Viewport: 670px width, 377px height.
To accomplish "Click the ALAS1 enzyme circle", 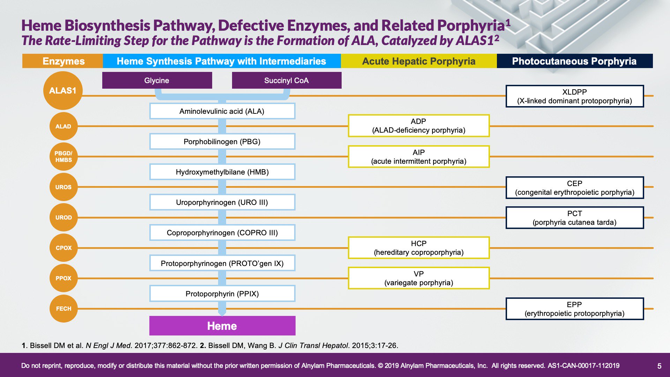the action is (63, 91).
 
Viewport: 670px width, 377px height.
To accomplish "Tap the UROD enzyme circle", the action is (64, 217).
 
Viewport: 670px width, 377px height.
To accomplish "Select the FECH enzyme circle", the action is (64, 309).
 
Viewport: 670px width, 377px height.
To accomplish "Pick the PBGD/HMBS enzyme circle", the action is (64, 157).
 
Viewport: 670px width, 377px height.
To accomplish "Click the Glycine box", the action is (157, 80).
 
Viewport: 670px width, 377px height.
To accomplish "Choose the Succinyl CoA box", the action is (286, 80).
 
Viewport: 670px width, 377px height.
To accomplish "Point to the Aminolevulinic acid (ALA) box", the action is (222, 111).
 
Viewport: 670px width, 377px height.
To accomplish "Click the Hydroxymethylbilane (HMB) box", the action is (222, 172).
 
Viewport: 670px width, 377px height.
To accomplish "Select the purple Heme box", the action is (222, 326).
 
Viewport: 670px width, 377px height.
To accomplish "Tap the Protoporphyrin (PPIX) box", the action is (222, 294).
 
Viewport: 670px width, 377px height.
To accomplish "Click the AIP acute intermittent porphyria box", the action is (419, 157).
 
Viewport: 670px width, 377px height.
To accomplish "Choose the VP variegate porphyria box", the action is (419, 278).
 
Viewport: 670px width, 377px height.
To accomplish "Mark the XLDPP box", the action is (575, 96).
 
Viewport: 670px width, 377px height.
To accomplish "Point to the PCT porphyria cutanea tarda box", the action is (575, 218).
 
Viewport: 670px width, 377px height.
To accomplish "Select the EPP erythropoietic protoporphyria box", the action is (575, 309).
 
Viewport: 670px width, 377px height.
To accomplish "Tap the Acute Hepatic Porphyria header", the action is (419, 61).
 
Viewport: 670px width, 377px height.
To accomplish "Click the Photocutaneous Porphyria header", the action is (575, 61).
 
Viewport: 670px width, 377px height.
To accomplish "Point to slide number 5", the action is (659, 366).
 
